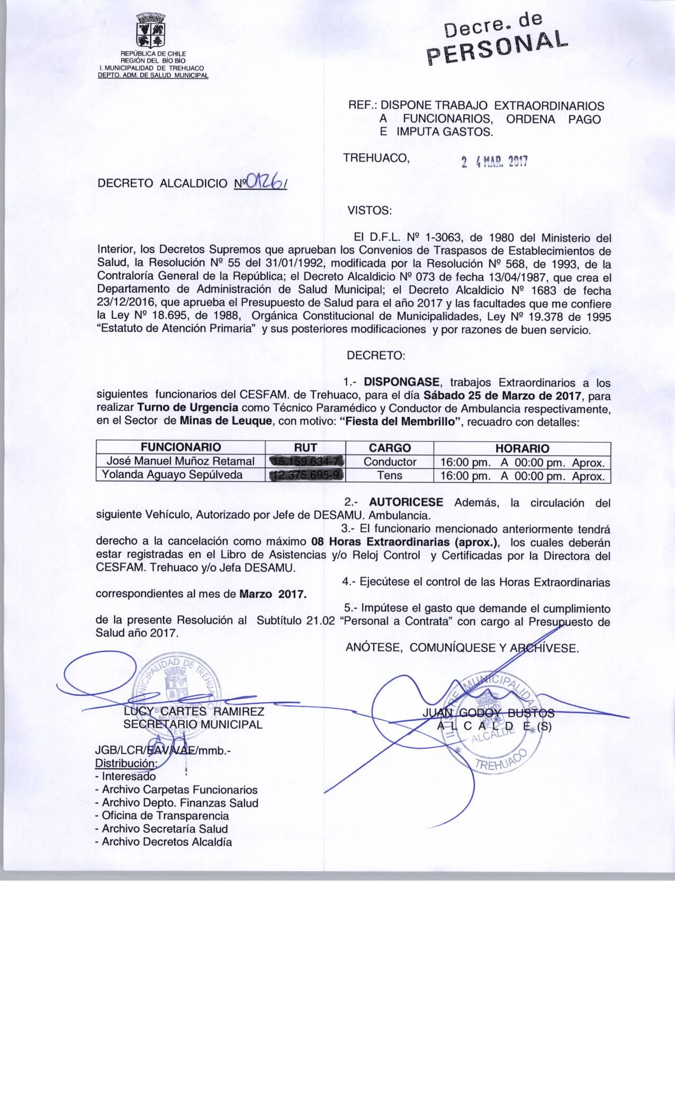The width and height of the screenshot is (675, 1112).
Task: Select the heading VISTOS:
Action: click(369, 211)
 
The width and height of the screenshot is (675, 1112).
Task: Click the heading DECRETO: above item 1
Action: click(375, 356)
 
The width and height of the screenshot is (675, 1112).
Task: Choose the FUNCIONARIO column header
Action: click(181, 447)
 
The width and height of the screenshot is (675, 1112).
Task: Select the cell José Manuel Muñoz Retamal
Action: click(181, 462)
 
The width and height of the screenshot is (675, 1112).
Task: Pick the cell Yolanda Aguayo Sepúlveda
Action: click(173, 475)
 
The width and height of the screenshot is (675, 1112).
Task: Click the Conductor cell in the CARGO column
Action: click(390, 462)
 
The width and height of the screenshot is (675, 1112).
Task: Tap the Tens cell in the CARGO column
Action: click(390, 476)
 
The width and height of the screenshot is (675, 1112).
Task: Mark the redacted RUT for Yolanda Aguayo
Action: click(307, 476)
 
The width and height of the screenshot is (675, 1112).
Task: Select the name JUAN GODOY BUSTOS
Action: click(488, 713)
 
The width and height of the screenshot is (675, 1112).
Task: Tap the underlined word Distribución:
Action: click(126, 764)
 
